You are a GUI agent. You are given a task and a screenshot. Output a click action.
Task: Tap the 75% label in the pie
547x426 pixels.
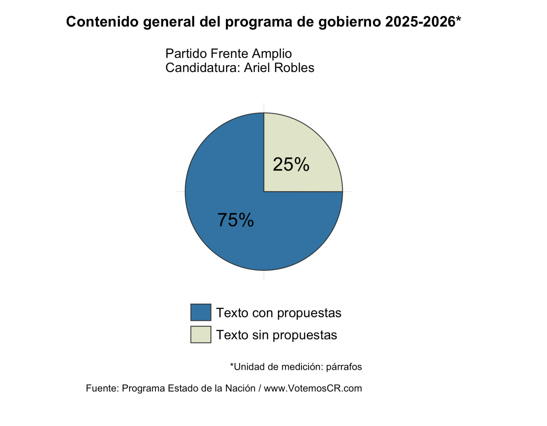(x=236, y=220)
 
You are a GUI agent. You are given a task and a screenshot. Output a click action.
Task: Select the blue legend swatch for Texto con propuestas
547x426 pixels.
(x=201, y=312)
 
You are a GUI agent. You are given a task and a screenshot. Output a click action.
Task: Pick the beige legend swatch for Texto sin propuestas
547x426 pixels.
(x=201, y=334)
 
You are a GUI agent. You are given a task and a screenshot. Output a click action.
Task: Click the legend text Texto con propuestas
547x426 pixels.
(x=279, y=313)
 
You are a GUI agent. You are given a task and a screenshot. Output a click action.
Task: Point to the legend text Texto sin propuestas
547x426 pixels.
(x=276, y=335)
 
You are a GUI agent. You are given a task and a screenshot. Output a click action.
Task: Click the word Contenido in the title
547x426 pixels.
(x=102, y=22)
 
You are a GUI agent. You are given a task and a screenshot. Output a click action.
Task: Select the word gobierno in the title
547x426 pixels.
(x=349, y=22)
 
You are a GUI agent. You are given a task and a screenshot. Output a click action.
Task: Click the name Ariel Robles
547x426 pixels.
(x=279, y=68)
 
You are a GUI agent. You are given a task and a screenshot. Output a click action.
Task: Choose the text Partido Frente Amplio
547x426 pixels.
(x=228, y=54)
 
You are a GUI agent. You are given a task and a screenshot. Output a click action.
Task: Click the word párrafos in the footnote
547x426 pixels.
(x=344, y=367)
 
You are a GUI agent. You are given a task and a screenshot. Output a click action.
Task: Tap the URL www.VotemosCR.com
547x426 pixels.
(x=313, y=388)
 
